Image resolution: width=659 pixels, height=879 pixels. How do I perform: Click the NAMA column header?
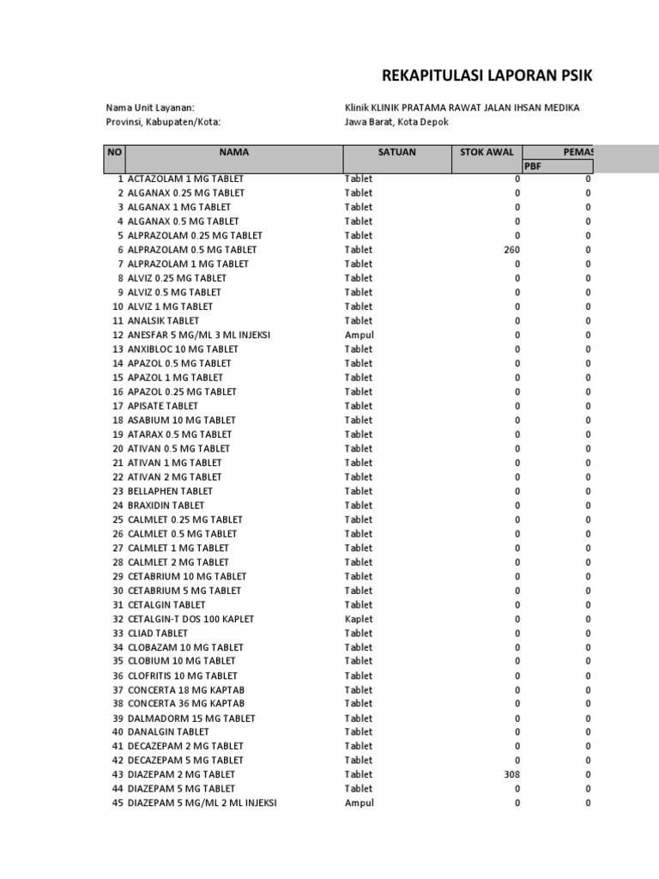234,152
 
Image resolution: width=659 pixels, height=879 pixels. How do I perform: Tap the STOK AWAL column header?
487,152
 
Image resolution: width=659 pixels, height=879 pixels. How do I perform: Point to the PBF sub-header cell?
534,166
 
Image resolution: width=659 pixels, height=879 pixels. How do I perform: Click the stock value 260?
511,250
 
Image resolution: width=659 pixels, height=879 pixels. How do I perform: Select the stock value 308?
511,774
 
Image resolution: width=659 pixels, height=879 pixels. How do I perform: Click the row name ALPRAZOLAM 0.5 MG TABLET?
192,250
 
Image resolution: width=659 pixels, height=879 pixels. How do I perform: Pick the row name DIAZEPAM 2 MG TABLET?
181,774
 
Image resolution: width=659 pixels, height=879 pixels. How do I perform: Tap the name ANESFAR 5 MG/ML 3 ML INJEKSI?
199,335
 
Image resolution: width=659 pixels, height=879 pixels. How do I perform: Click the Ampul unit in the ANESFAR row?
360,335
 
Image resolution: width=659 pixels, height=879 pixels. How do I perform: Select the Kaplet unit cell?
360,619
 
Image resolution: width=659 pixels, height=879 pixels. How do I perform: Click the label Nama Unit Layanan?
150,107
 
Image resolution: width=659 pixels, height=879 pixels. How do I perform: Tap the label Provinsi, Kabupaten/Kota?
163,122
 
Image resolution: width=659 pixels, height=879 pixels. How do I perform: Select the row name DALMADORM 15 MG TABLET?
191,718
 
